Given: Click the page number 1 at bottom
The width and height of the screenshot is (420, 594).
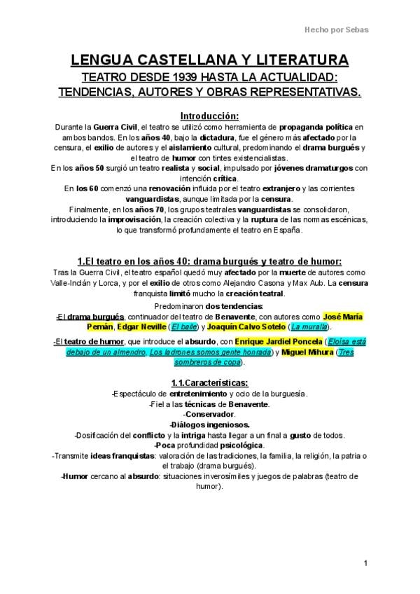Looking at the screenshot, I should (365, 564).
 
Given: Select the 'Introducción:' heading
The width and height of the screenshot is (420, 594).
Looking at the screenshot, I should (209, 116).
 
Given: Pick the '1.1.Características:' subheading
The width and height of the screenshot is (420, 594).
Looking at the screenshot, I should (209, 383).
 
